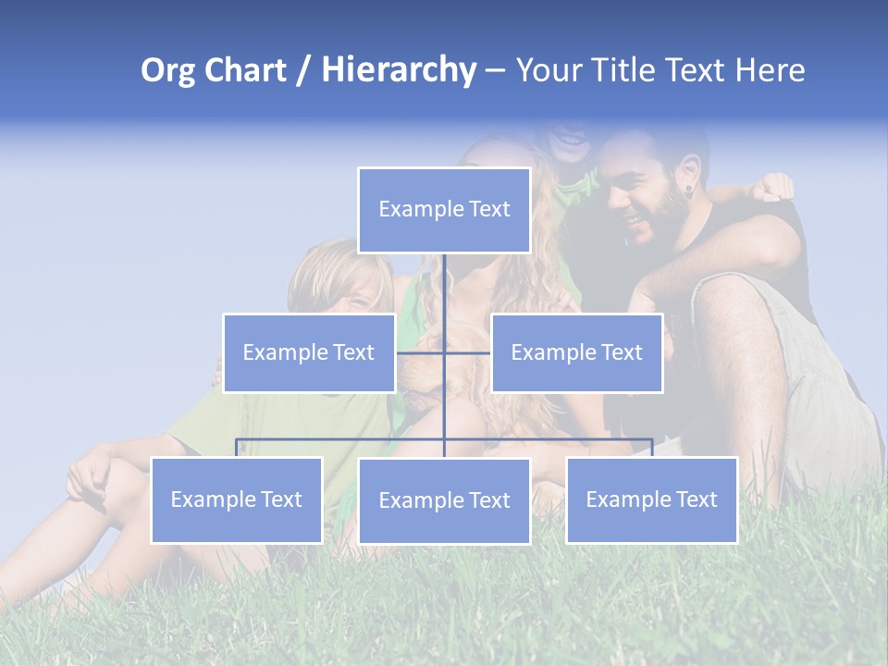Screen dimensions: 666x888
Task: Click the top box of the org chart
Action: [x=444, y=210]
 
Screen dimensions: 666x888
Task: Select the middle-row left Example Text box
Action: [x=309, y=352]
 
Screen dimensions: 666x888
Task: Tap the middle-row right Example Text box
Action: [x=576, y=352]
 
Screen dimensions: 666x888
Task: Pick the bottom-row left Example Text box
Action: [x=237, y=499]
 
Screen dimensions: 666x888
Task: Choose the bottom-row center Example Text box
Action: [x=444, y=500]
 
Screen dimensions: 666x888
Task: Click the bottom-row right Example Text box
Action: [x=651, y=499]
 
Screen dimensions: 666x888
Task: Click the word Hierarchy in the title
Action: [x=398, y=70]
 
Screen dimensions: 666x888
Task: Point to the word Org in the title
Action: [x=167, y=70]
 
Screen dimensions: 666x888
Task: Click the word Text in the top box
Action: [x=487, y=210]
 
